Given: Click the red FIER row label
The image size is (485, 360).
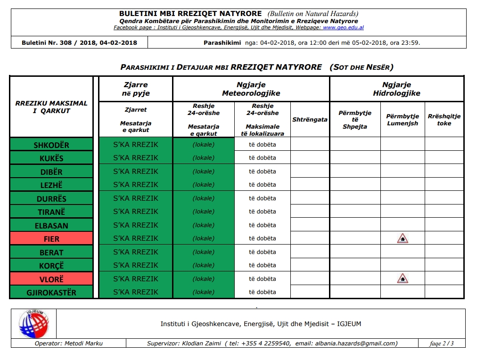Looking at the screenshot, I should point(51,239).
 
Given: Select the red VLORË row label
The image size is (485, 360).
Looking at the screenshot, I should point(51,279).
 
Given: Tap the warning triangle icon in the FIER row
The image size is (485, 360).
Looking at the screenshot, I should point(402,238).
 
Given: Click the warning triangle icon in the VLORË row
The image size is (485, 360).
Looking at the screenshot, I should point(402,279).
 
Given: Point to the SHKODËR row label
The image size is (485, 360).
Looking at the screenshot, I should point(51,145).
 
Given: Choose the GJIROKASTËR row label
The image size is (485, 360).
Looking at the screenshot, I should point(51,293).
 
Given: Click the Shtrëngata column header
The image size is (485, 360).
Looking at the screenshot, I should point(310,120).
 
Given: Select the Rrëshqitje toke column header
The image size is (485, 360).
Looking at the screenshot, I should point(444,120).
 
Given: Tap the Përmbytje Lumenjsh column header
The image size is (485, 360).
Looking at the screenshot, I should point(402,120).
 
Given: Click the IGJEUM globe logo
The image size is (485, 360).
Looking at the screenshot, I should point(33,324).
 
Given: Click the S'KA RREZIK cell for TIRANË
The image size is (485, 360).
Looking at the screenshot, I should point(135,212).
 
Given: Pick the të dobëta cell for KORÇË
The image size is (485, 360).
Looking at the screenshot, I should point(263,265).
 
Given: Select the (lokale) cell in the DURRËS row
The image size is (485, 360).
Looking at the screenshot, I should point(204,198).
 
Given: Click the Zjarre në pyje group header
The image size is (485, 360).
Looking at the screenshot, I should point(135,89).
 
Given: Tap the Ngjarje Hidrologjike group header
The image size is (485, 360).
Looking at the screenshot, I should point(396,89).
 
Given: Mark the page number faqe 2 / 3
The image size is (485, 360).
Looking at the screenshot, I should point(442,344).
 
